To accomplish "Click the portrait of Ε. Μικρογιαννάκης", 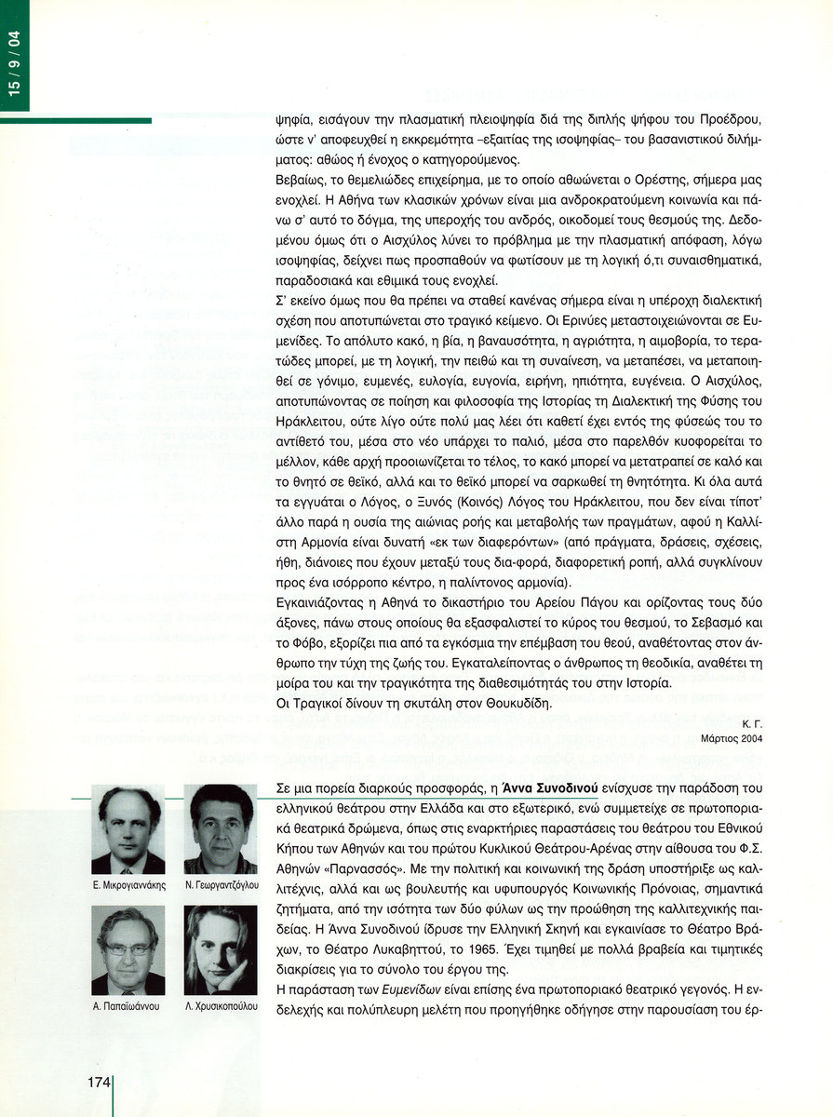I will pos(128,829).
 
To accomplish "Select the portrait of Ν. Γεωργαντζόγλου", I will pos(221,829).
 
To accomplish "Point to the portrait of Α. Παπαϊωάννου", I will pos(128,950).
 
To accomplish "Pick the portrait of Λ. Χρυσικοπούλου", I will pos(221,950).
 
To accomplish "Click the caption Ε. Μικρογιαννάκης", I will pos(128,885).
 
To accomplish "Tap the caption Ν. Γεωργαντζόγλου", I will pos(221,885).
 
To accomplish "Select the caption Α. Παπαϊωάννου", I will pos(128,1007).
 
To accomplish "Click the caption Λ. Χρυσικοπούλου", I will pos(221,1007).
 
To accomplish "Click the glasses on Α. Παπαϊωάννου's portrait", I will pos(128,949).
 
